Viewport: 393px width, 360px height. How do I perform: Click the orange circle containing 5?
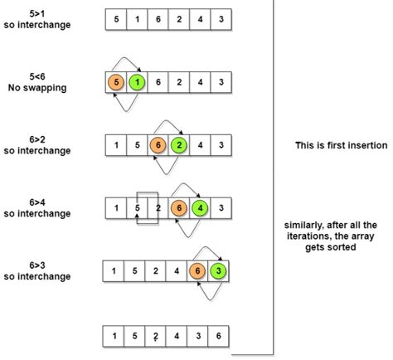(116, 83)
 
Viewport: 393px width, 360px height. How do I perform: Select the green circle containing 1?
(137, 83)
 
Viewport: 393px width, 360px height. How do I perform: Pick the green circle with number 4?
(199, 207)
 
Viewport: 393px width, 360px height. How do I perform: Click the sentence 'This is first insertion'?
(341, 145)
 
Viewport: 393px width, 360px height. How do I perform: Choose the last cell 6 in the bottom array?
(218, 336)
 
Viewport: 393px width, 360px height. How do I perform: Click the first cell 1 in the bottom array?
(112, 336)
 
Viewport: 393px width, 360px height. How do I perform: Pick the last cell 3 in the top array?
(219, 19)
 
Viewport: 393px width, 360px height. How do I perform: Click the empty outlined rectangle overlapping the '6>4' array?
(147, 207)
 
